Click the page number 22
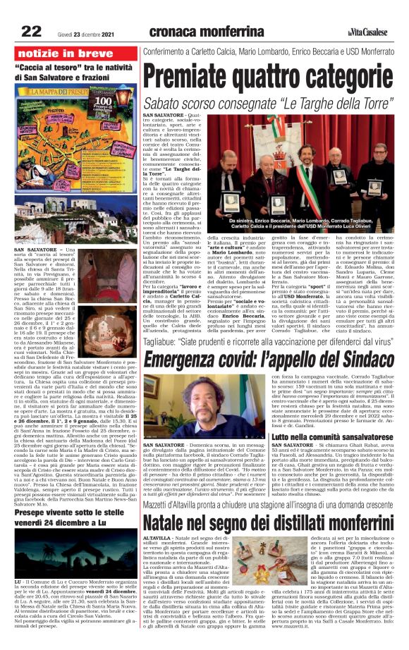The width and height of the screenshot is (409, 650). coord(31,30)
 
